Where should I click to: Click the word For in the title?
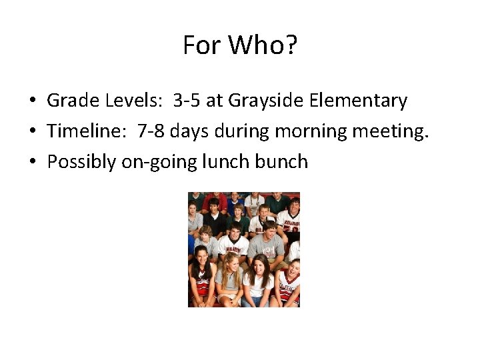coord(203,46)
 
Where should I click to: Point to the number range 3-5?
coord(187,101)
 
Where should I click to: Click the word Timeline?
coord(87,131)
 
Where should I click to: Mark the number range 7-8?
coord(151,131)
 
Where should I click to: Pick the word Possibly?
coord(81,162)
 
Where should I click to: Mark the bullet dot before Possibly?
coord(32,163)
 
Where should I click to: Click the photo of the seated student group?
coord(243,249)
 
